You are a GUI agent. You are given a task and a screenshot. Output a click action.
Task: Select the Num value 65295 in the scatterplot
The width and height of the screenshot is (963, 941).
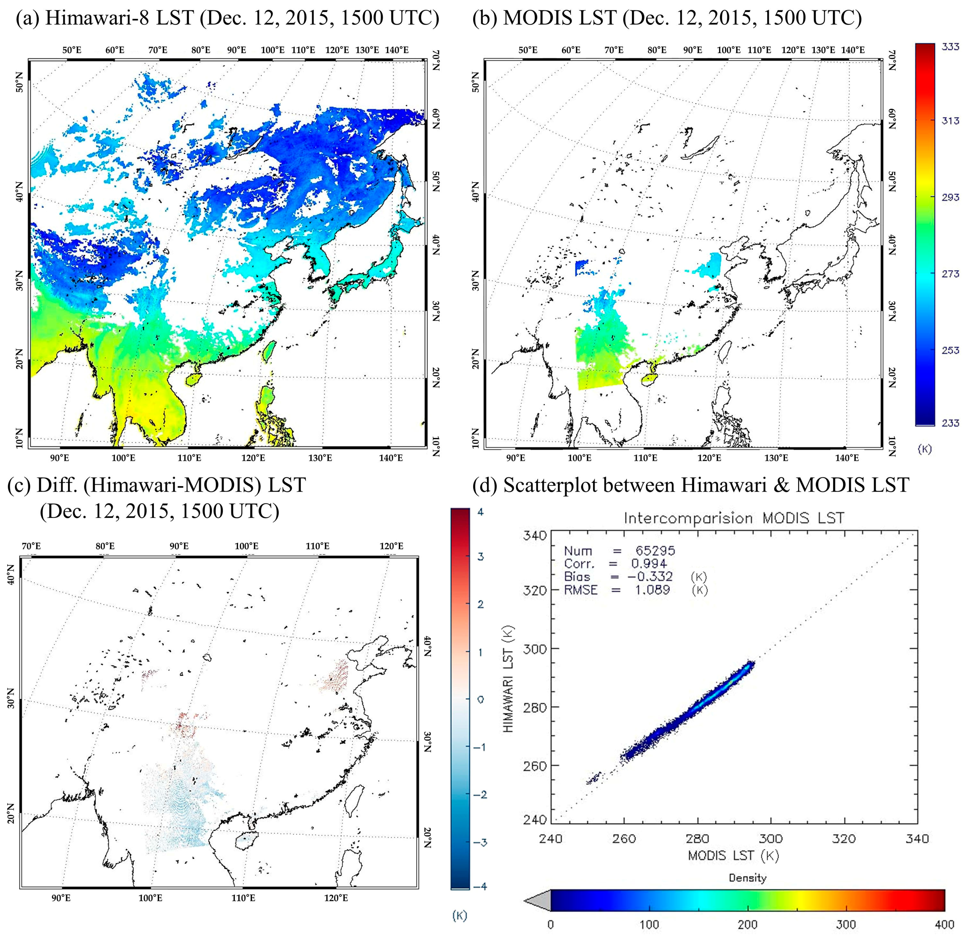pos(655,550)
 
